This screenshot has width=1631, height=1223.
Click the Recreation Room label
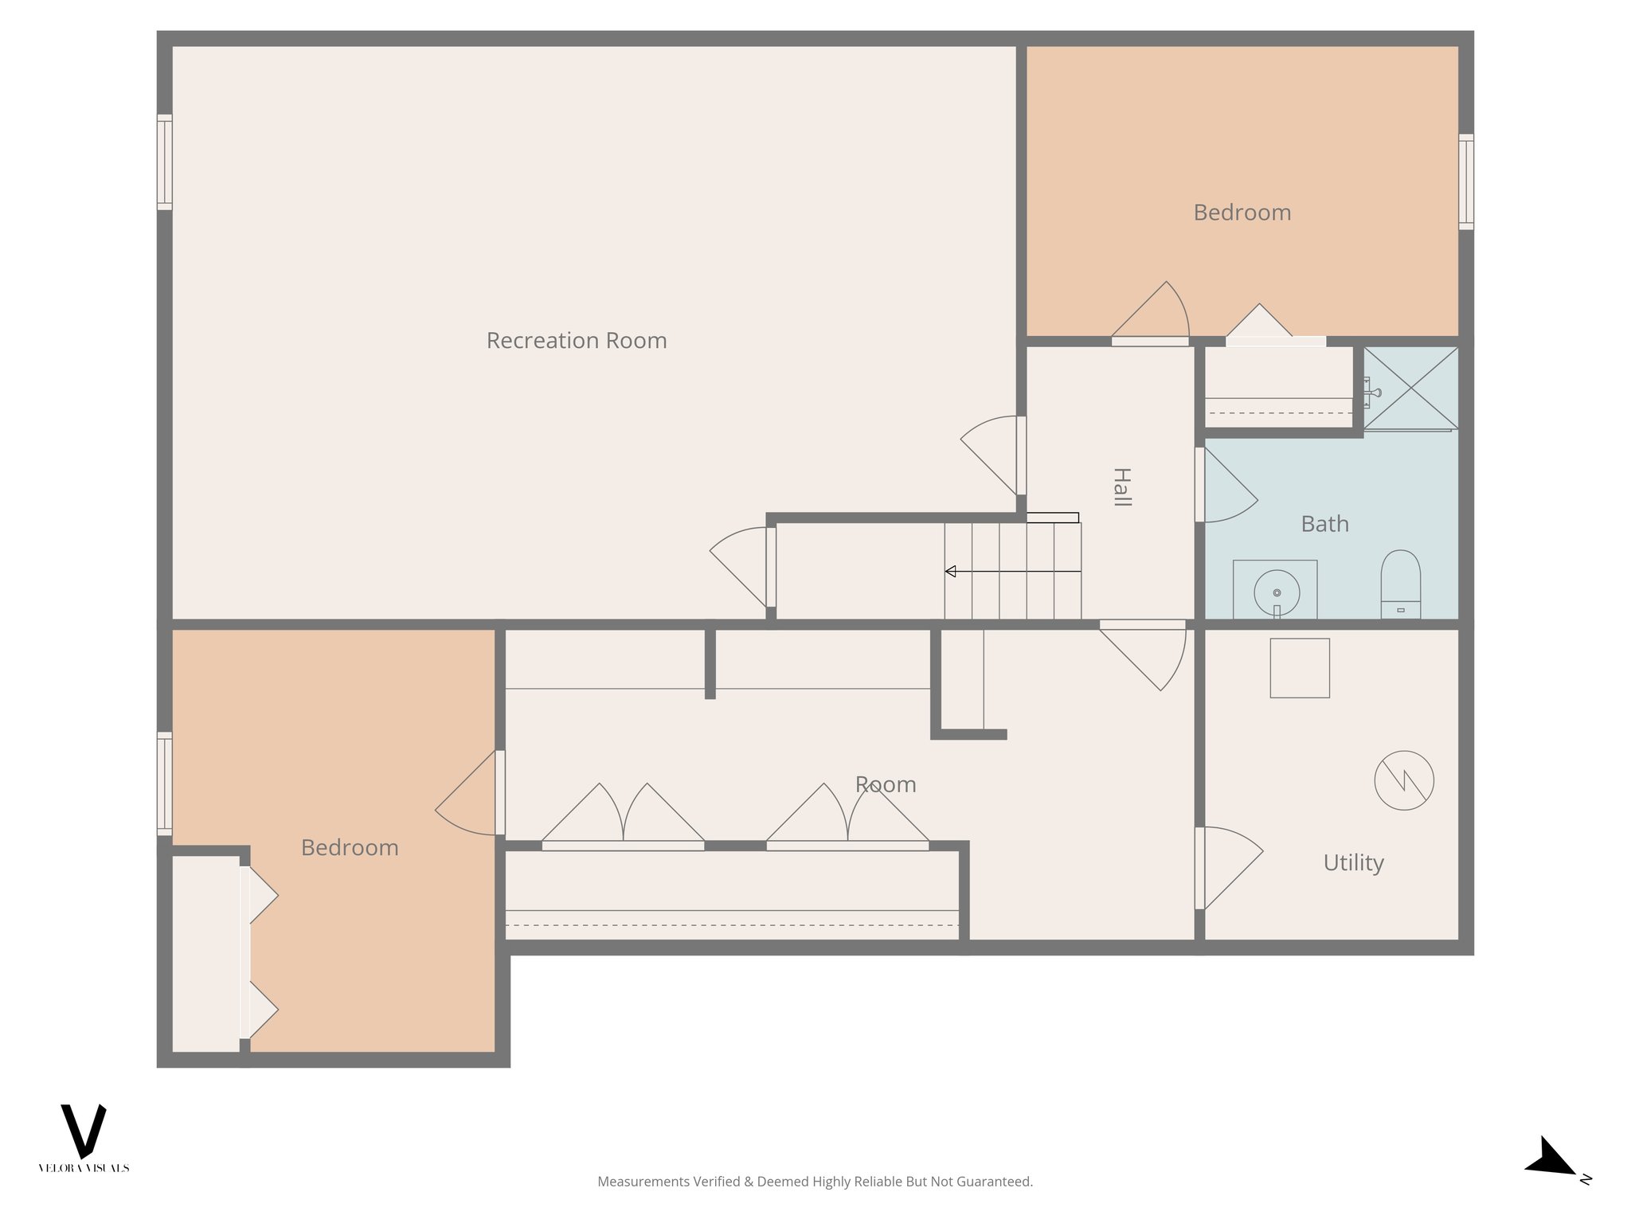577,341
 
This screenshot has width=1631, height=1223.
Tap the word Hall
1121,487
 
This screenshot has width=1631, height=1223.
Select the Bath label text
1324,524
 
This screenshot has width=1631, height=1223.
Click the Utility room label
1353,862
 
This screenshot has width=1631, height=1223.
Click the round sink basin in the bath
1277,592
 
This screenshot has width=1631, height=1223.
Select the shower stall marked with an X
1410,388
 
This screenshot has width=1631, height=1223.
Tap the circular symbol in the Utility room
1404,780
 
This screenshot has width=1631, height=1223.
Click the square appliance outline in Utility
1299,668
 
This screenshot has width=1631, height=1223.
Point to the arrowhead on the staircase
950,571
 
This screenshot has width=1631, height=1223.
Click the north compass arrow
1551,1158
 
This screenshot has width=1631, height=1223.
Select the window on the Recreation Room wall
164,162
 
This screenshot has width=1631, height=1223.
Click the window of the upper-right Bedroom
1465,182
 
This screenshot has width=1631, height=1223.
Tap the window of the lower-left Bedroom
164,783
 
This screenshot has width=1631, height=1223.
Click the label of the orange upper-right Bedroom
1242,213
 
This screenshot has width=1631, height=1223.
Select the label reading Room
885,785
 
